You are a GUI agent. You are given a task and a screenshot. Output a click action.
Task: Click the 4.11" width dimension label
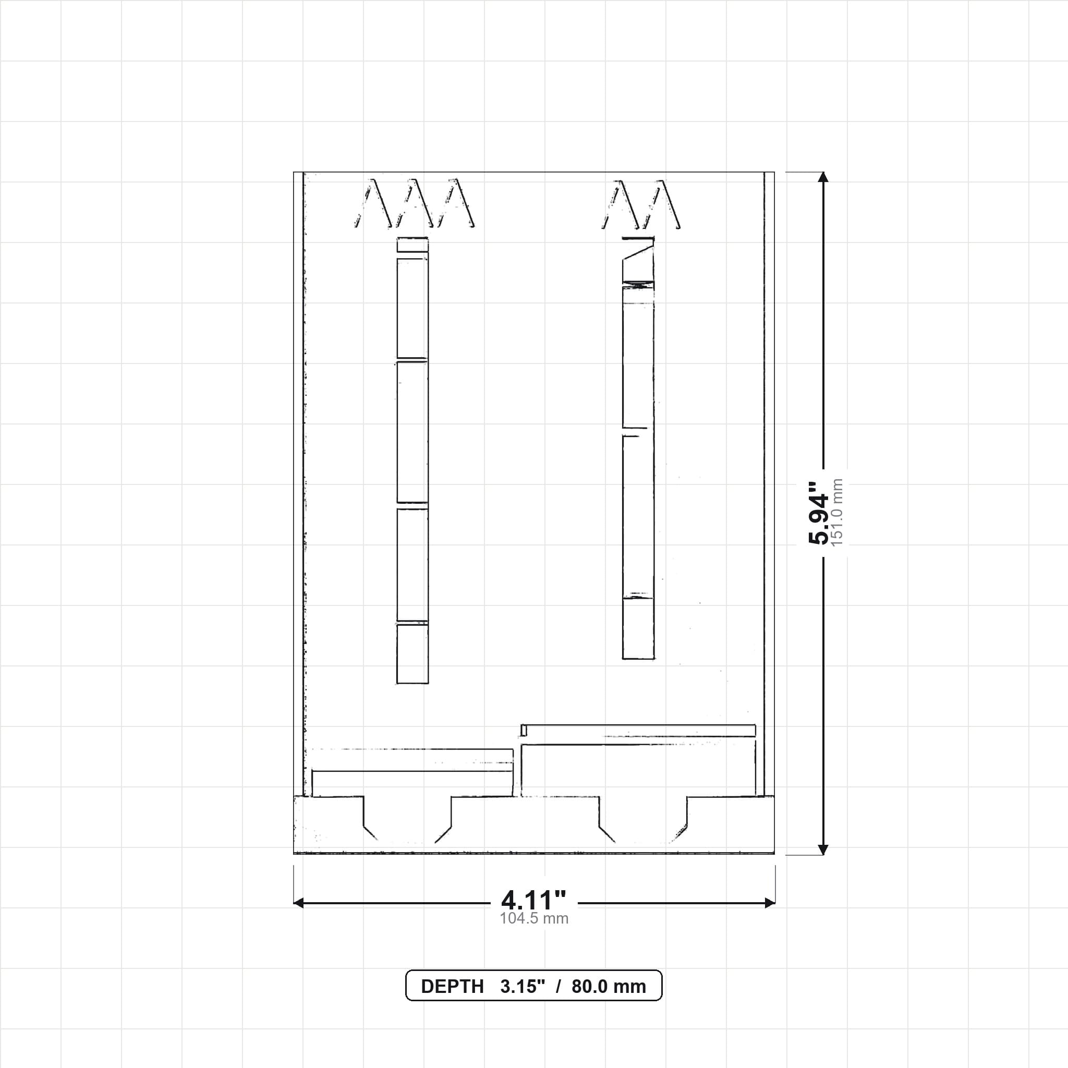533,901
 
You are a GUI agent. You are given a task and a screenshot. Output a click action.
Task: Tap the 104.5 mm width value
534,919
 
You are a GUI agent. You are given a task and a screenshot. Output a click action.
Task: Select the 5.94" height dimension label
819,513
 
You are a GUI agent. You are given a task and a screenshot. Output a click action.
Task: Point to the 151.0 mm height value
837,513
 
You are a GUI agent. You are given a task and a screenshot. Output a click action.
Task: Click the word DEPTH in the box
452,987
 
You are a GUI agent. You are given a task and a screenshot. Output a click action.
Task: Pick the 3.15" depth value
523,987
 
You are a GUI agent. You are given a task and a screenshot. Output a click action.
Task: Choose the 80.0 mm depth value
609,987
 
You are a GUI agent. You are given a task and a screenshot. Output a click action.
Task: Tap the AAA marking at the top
415,203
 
